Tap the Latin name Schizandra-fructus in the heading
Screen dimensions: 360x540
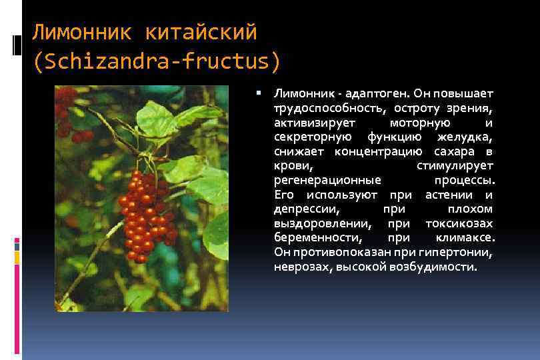[157, 61]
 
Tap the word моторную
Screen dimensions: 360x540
[419, 123]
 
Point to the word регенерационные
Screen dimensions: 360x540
[327, 180]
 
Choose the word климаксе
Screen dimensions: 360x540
[465, 238]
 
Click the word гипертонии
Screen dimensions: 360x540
[458, 253]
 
